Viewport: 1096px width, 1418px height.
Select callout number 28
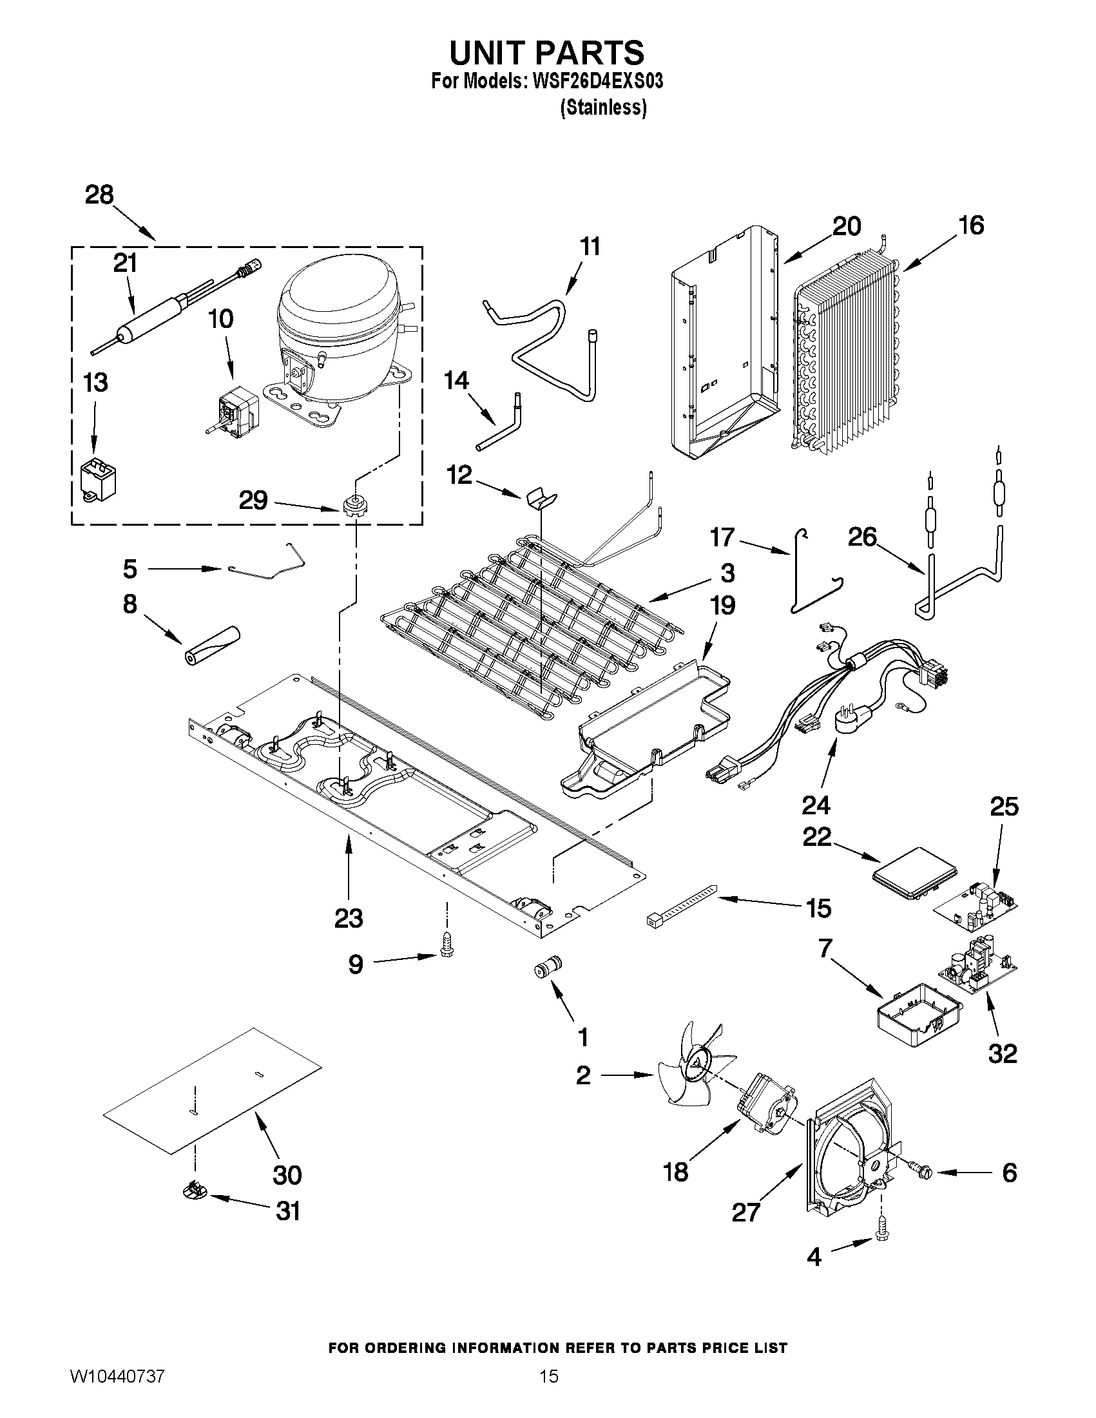point(99,195)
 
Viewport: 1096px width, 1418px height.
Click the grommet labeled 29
point(352,504)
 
